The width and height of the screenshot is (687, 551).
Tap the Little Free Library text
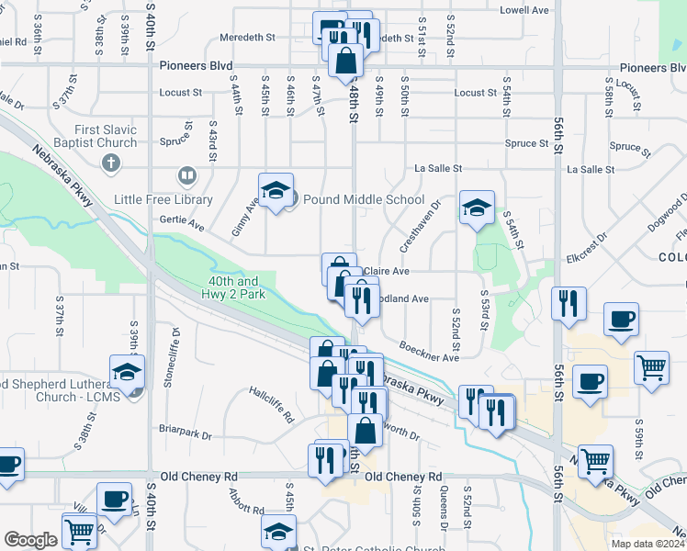click(x=163, y=199)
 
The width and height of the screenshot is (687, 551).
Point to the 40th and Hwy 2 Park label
click(x=233, y=287)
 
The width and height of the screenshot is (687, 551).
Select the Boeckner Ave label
click(x=429, y=352)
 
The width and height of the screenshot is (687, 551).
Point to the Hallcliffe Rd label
click(x=271, y=403)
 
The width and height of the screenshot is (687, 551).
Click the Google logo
click(x=30, y=540)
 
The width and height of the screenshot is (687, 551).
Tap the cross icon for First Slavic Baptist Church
click(x=111, y=163)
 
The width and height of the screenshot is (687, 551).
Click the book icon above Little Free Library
click(x=186, y=174)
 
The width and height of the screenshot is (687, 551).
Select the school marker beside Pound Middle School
click(x=276, y=191)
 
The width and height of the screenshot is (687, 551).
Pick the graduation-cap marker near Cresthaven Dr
click(x=477, y=208)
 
